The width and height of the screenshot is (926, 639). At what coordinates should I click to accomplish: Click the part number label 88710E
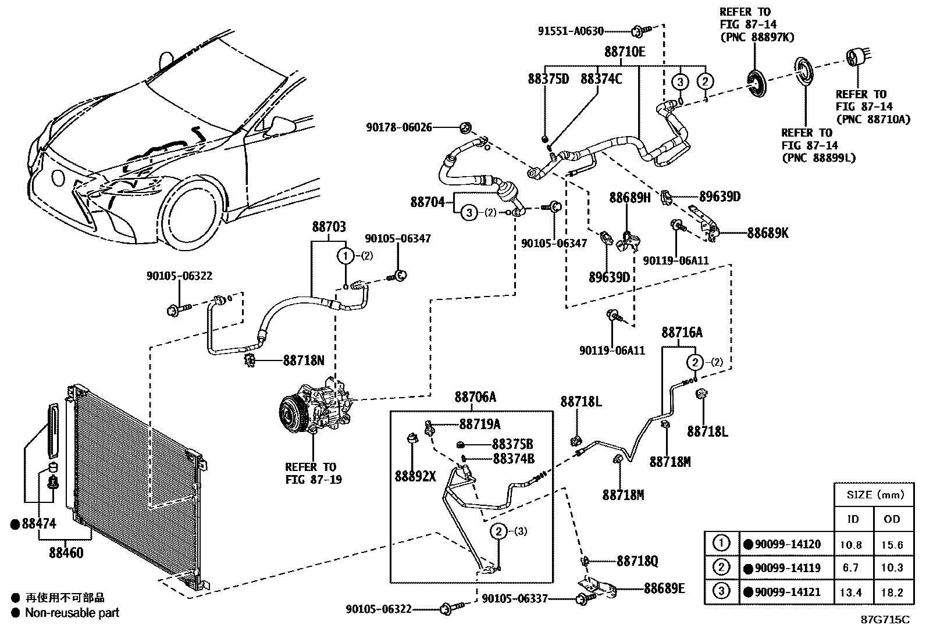pos(624,52)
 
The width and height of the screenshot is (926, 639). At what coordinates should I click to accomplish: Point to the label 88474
pos(35,524)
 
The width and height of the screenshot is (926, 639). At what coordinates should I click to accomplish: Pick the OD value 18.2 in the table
pos(891,592)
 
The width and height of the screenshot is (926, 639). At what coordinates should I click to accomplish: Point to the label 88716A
pos(681,333)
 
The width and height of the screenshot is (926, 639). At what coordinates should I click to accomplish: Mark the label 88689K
pos(768,234)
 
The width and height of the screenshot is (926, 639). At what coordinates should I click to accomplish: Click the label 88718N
pos(303,361)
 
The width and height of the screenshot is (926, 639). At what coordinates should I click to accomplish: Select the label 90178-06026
pos(399,127)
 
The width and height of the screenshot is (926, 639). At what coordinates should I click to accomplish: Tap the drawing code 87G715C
pos(885,619)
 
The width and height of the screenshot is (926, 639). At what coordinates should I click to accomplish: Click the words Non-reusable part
pos(72,612)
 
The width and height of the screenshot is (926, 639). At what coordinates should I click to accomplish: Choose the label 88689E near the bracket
pos(664,588)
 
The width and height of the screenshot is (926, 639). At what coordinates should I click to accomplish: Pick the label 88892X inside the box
pos(415,476)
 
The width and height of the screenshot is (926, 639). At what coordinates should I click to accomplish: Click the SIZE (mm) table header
pos(872,495)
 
